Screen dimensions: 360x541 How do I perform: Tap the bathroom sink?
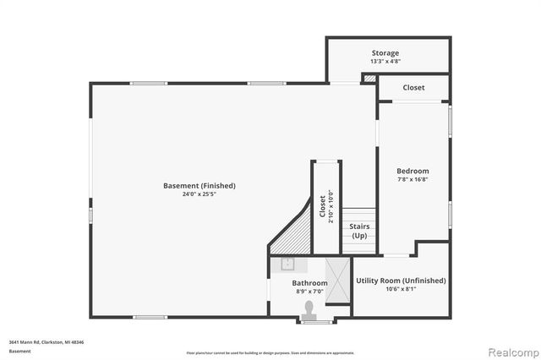287,264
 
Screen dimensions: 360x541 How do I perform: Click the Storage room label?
385,53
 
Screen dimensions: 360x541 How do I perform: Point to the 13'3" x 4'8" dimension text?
385,62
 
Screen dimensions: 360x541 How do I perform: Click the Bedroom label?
413,172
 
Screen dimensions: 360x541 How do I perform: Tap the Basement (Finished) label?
199,186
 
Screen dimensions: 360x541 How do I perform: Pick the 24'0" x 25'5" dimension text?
199,194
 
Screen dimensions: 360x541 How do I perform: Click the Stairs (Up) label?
360,231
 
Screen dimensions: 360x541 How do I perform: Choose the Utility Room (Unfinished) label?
401,281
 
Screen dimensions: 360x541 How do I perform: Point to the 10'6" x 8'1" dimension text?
401,290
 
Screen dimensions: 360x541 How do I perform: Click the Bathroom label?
310,283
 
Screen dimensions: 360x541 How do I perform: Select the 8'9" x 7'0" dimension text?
310,292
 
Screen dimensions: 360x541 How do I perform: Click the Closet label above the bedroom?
413,88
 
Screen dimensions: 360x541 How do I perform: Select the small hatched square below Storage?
369,79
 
